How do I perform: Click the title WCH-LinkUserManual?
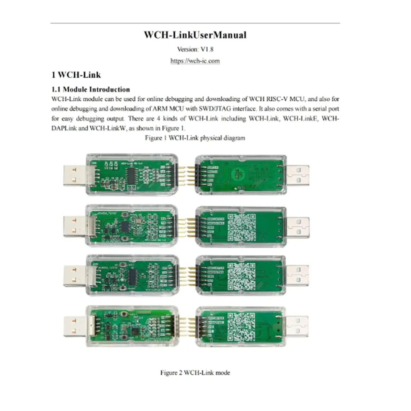pos(195,35)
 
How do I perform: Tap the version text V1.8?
pos(195,49)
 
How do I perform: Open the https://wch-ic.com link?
pos(195,61)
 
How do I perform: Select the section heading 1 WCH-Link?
pos(76,75)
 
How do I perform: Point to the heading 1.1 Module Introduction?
pos(91,89)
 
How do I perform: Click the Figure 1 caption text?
pos(195,138)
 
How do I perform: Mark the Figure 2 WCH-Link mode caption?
pos(195,373)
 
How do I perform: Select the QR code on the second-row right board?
pos(242,227)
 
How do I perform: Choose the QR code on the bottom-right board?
pos(242,326)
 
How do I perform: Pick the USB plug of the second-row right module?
pos(298,227)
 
